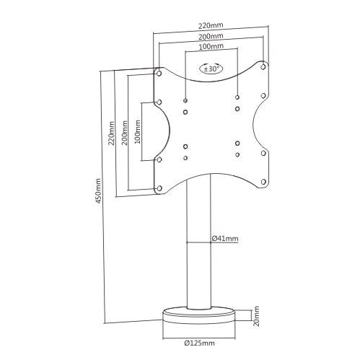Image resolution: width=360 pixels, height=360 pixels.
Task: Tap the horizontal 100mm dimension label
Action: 211,45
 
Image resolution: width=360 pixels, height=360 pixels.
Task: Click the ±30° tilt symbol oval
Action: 212,70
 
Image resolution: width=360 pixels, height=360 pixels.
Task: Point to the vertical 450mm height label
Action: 98,190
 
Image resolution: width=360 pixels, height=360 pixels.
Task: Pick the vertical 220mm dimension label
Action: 112,131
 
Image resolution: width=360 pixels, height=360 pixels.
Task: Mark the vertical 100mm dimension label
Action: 137,131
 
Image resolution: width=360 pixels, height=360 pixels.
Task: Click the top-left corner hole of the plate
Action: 159,73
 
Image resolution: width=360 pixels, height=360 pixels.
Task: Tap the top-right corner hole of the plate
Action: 265,67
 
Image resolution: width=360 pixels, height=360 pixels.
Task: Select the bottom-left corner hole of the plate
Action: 159,189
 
